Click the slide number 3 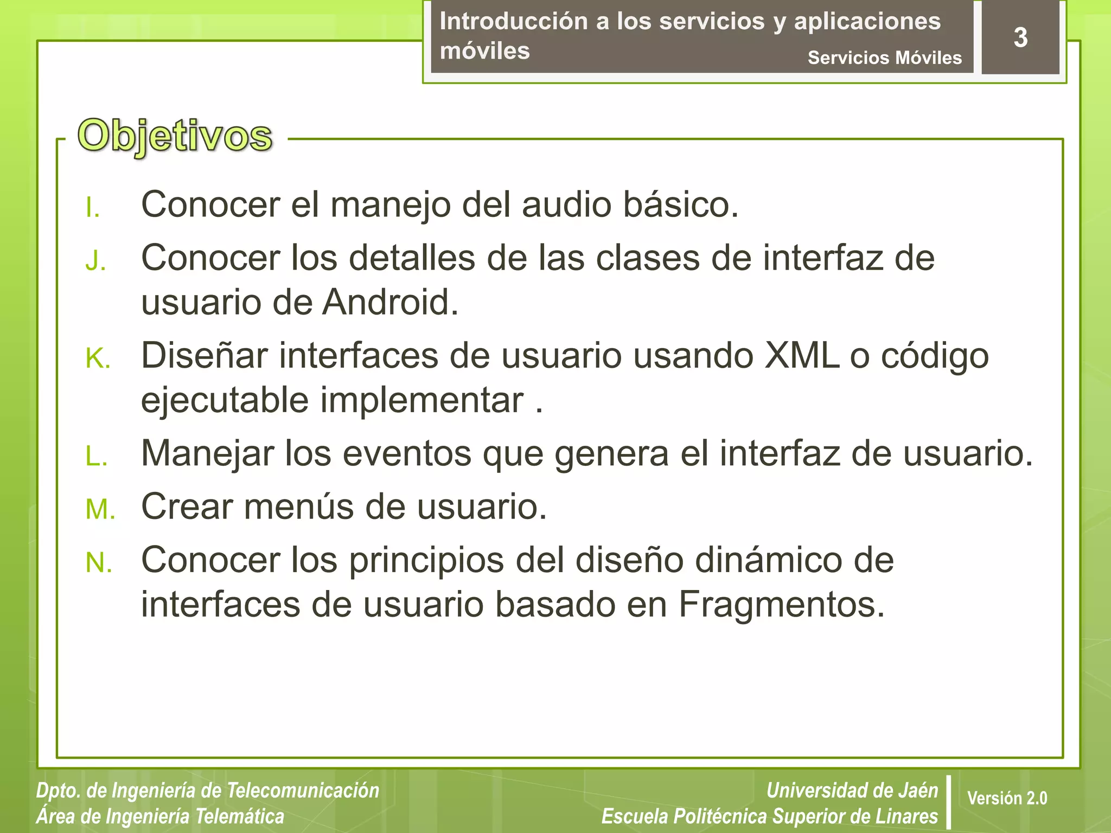pos(1020,38)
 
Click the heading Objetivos pos(175,136)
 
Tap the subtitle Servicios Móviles pos(884,57)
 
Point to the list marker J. pos(95,262)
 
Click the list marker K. pos(98,360)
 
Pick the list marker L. pos(97,457)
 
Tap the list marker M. pos(100,510)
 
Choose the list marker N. pos(99,563)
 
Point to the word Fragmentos pos(781,604)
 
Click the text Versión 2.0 pos(1007,798)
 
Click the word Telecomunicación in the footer pos(302,790)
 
